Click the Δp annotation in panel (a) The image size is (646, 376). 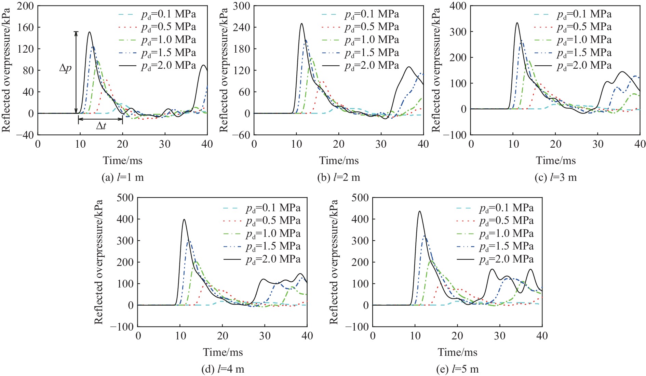tap(66, 68)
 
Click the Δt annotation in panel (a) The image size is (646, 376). tap(101, 126)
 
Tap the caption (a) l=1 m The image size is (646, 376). tap(123, 177)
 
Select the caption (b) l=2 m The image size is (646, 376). tap(339, 177)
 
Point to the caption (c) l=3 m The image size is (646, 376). tap(555, 177)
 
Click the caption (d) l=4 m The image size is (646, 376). tap(223, 369)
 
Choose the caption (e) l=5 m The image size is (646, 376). tap(457, 369)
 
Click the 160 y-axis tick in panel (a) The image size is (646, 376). tap(26, 27)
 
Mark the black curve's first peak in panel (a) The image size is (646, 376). tap(90, 32)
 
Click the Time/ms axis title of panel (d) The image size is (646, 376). tap(223, 352)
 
